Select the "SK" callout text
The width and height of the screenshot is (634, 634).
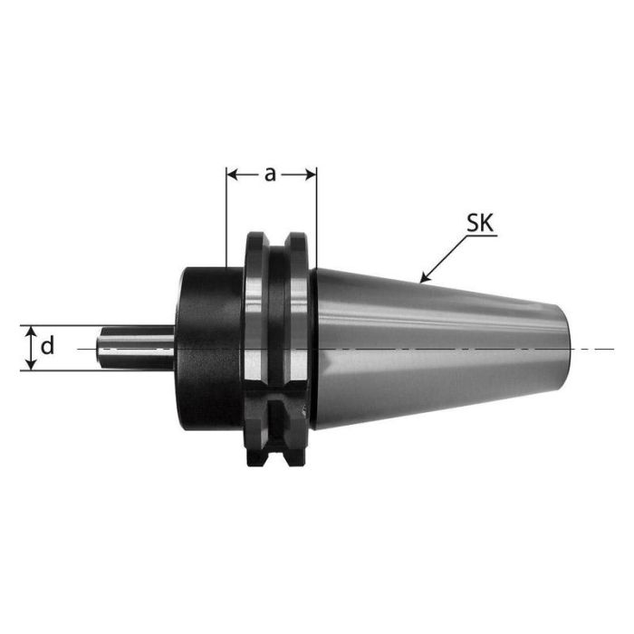[x=480, y=224]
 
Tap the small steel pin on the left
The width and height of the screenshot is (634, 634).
[x=136, y=348]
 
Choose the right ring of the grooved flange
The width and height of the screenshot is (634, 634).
[x=295, y=349]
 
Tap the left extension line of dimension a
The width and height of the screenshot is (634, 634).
[x=225, y=217]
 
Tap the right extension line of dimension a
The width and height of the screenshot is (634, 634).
[x=316, y=217]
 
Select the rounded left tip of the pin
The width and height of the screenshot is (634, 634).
[x=101, y=348]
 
